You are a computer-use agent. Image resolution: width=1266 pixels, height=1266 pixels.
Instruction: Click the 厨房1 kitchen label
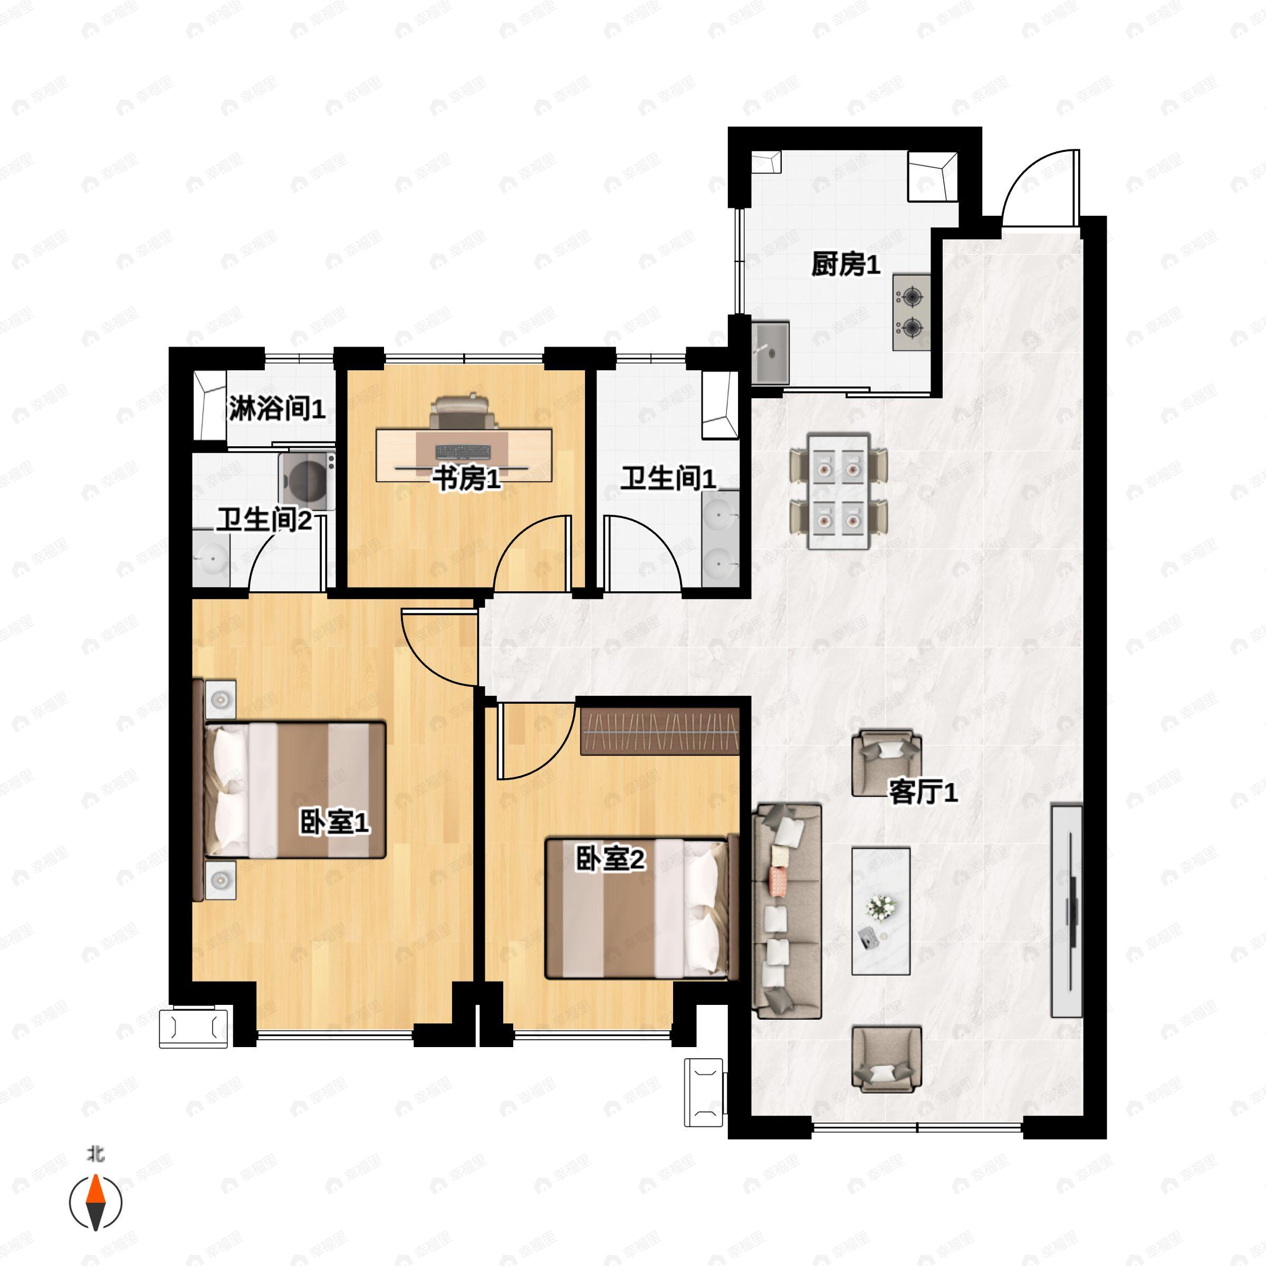point(845,265)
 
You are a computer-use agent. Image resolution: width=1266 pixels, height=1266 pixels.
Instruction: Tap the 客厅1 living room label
point(923,792)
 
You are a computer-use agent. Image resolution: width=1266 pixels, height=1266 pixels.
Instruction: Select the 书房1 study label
point(466,479)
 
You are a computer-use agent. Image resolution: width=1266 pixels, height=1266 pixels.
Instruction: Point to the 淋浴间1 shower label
point(276,409)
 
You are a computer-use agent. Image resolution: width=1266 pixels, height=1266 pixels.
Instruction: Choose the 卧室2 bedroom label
point(610,859)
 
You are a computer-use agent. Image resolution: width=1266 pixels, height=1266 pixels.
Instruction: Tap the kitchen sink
point(770,352)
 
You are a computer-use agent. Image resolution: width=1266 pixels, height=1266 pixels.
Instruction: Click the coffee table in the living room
point(881,912)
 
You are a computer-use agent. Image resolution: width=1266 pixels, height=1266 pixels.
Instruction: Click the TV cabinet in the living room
point(1066,911)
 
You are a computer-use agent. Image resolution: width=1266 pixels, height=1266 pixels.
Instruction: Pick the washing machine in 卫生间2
point(306,481)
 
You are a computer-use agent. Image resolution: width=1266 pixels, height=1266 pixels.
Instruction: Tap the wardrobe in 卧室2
point(660,731)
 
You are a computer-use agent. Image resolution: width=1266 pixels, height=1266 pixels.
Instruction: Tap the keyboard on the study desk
point(463,452)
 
